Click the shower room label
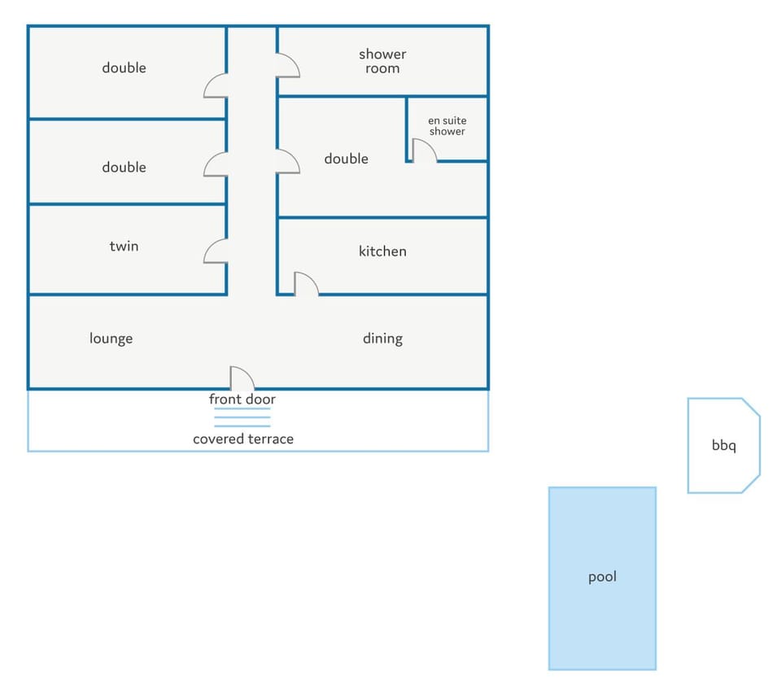click(x=382, y=61)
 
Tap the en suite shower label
click(x=447, y=126)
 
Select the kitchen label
click(x=382, y=251)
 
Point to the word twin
click(x=124, y=246)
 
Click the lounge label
click(x=111, y=338)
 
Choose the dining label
click(x=382, y=338)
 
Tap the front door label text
click(x=242, y=399)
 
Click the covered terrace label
click(x=243, y=439)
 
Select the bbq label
click(x=724, y=446)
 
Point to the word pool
click(x=602, y=577)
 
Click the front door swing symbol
click(x=242, y=378)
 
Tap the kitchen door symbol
click(x=307, y=284)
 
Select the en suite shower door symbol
click(x=425, y=150)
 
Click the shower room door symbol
click(x=288, y=65)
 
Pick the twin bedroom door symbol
click(x=216, y=251)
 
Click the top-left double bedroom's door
click(x=216, y=85)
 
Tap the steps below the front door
click(x=242, y=417)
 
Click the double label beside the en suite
click(x=347, y=159)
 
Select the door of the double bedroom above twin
click(x=216, y=164)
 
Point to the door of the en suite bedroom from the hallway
click(x=288, y=161)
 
